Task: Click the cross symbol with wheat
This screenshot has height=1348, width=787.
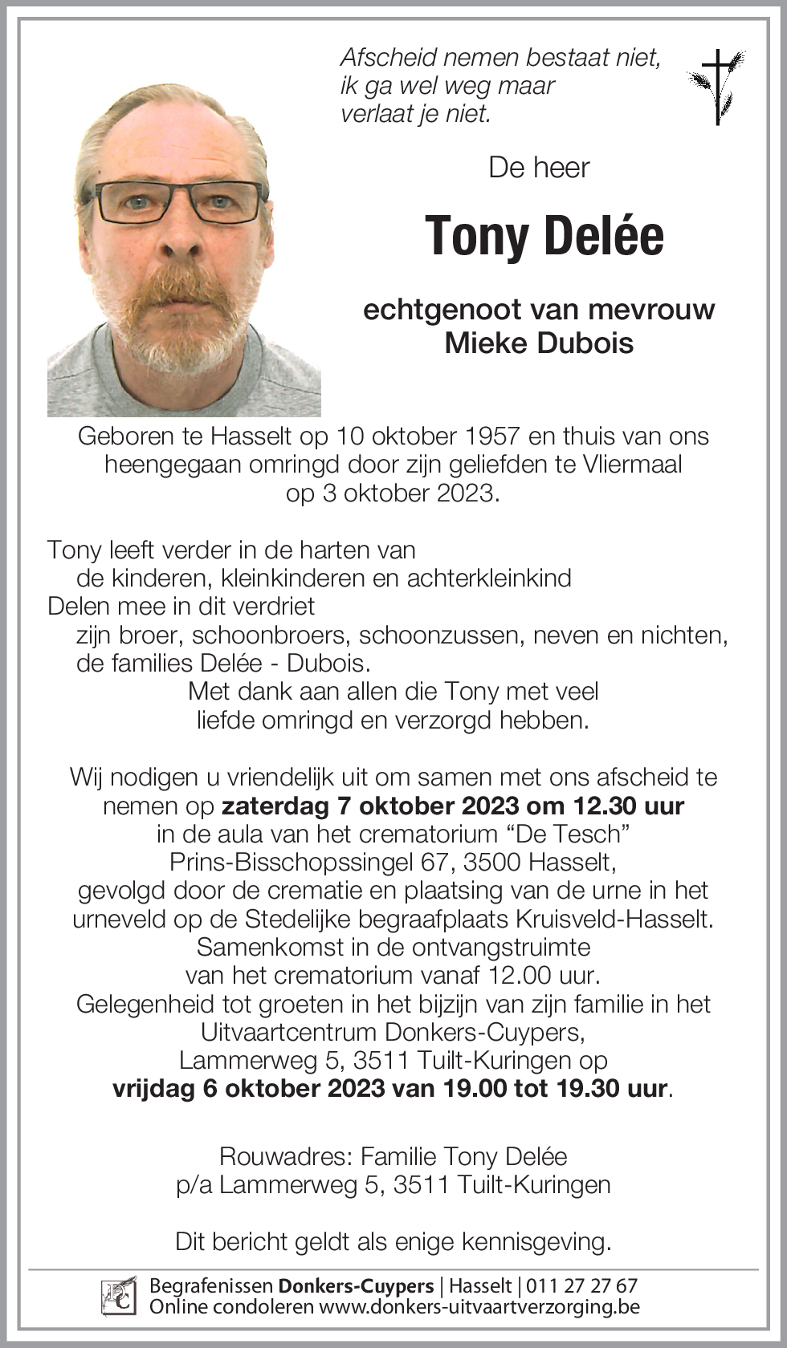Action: [717, 87]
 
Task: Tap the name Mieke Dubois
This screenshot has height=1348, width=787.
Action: [539, 343]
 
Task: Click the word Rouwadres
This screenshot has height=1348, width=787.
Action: [285, 1156]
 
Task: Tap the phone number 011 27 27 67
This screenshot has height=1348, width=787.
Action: [581, 1285]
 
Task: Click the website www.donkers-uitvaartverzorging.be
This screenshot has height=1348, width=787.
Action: [479, 1306]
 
